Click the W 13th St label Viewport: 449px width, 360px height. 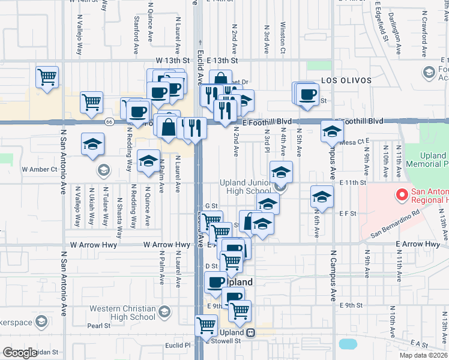172,61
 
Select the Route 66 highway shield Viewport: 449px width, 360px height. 109,121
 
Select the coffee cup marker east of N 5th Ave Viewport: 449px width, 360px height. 309,94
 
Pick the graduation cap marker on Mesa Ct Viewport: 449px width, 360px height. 331,131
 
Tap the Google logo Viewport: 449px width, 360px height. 20,353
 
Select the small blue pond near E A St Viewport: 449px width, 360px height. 348,344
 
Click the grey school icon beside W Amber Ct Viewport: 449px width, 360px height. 104,170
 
